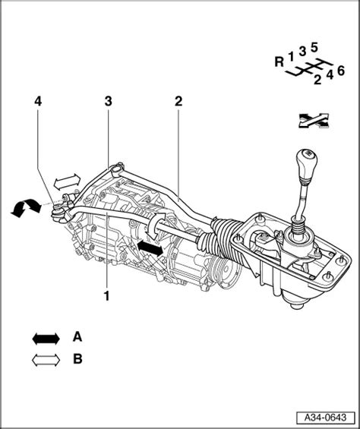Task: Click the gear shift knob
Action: point(306,164)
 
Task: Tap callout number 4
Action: point(38,102)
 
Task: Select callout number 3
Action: point(108,102)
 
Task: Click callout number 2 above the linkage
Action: point(178,102)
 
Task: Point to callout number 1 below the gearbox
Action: point(106,296)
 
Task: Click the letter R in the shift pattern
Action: point(279,62)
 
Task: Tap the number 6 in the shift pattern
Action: point(340,71)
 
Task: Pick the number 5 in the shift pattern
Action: point(314,48)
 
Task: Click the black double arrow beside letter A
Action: point(46,339)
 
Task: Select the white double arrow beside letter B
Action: point(46,360)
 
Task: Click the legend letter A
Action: point(77,336)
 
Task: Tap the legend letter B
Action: point(77,358)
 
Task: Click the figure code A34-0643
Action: point(326,418)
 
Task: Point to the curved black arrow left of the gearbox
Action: point(26,206)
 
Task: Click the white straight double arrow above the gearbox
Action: point(67,181)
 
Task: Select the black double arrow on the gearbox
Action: point(150,248)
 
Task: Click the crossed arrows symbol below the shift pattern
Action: point(314,121)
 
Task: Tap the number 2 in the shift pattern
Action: point(317,80)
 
